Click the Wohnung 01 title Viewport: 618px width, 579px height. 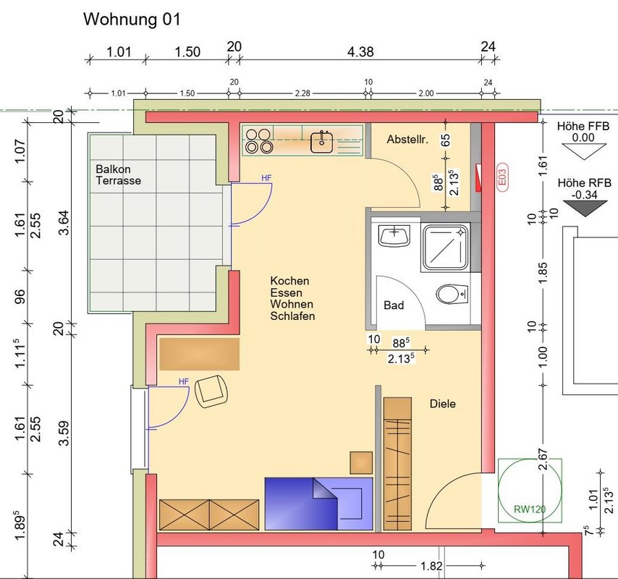click(x=132, y=20)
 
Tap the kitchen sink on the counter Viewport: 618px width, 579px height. click(x=321, y=142)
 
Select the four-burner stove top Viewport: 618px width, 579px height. click(x=259, y=140)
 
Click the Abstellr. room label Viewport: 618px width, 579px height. click(x=407, y=140)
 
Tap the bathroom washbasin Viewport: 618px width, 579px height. click(x=394, y=235)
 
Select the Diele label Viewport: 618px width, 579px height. click(x=443, y=404)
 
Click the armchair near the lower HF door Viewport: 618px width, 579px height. click(x=212, y=391)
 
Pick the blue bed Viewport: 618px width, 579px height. click(x=318, y=504)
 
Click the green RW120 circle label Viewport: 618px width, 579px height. click(x=530, y=509)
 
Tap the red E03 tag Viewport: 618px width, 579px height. click(x=502, y=177)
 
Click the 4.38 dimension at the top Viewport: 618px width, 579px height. click(x=360, y=52)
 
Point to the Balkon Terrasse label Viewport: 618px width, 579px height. click(x=118, y=174)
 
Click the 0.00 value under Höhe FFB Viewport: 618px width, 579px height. click(x=583, y=138)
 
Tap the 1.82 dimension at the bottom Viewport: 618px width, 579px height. click(x=431, y=567)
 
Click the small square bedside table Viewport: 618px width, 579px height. click(x=361, y=462)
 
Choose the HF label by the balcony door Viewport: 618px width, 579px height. click(x=266, y=178)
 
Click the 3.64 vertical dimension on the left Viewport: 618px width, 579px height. click(x=64, y=223)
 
